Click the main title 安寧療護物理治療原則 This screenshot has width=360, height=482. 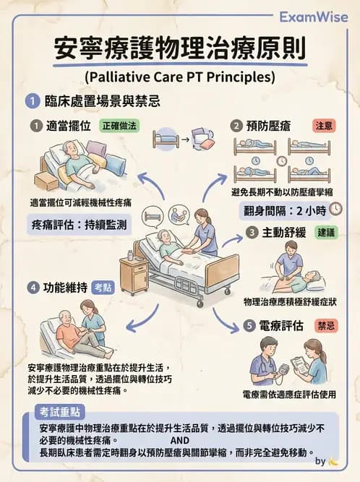point(180,50)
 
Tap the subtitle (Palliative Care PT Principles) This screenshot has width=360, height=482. point(180,76)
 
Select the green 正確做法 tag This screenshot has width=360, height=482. point(119,125)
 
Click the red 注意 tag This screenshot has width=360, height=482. point(324,125)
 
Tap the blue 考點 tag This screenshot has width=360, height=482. point(103,287)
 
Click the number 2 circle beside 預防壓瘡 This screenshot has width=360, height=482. point(236,126)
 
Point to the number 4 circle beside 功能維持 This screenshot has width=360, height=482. point(33,287)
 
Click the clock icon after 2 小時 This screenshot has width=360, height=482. point(335,210)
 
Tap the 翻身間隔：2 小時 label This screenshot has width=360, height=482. point(283,210)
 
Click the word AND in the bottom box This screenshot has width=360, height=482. point(180,440)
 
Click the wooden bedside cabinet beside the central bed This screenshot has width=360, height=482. point(134,274)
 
